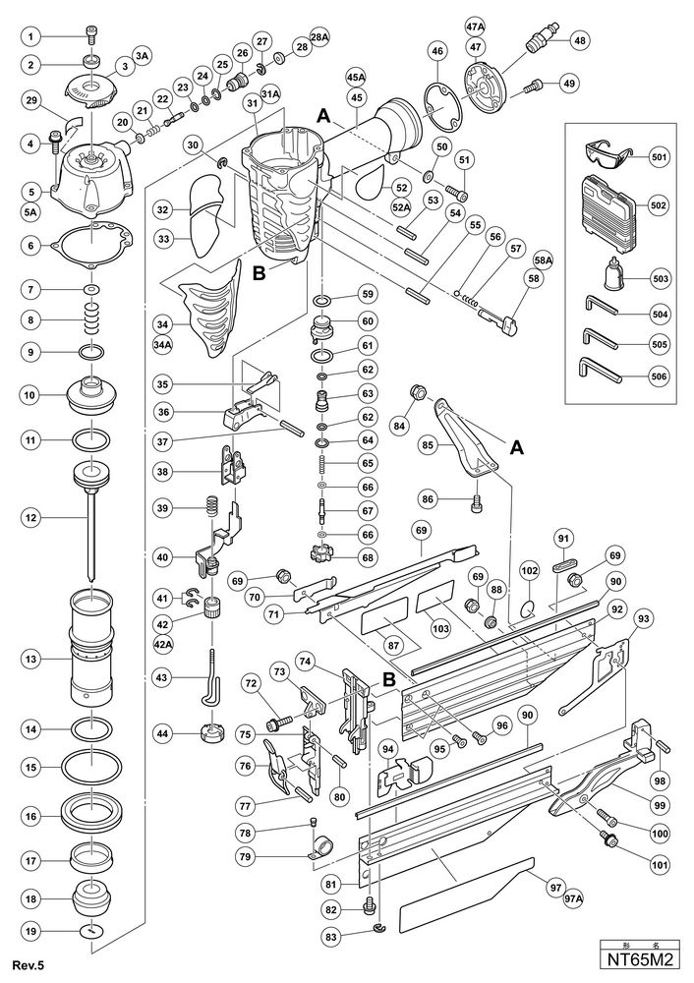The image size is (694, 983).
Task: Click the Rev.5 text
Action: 29,964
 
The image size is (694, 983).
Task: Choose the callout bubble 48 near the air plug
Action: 579,40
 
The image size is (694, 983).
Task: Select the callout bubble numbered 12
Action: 32,515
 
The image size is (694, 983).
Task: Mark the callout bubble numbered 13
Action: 32,653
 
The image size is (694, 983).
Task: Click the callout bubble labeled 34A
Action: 163,345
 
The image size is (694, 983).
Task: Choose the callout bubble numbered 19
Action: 32,929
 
